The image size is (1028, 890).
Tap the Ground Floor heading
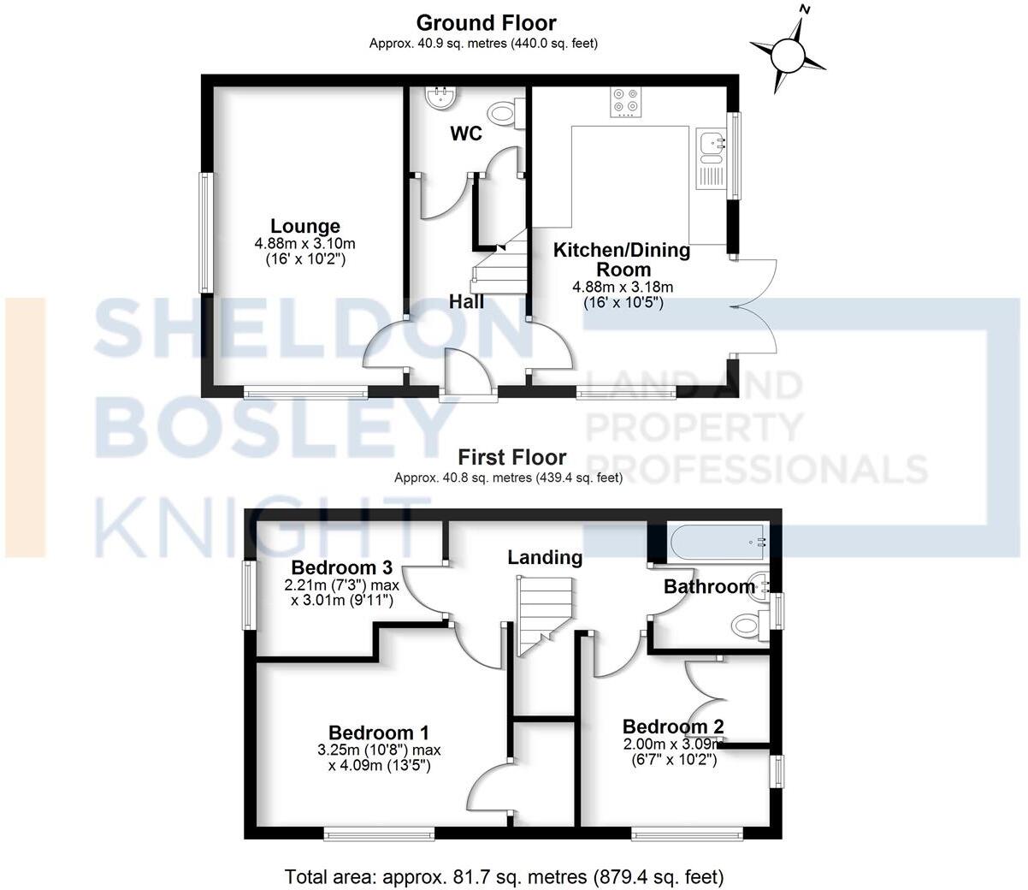(486, 23)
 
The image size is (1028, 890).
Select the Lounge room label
(305, 227)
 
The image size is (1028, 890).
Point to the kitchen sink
(710, 146)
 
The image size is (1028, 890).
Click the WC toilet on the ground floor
(502, 112)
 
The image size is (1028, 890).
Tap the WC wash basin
(440, 98)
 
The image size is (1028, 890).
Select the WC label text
(466, 134)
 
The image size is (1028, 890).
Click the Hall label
(467, 301)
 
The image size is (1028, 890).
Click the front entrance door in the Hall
(469, 377)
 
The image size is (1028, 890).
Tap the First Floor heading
(511, 457)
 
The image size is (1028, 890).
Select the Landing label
(545, 558)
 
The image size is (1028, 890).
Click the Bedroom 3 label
(341, 567)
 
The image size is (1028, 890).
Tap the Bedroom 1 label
(379, 733)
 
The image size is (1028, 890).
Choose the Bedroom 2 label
(673, 727)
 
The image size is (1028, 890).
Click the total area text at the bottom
(504, 876)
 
